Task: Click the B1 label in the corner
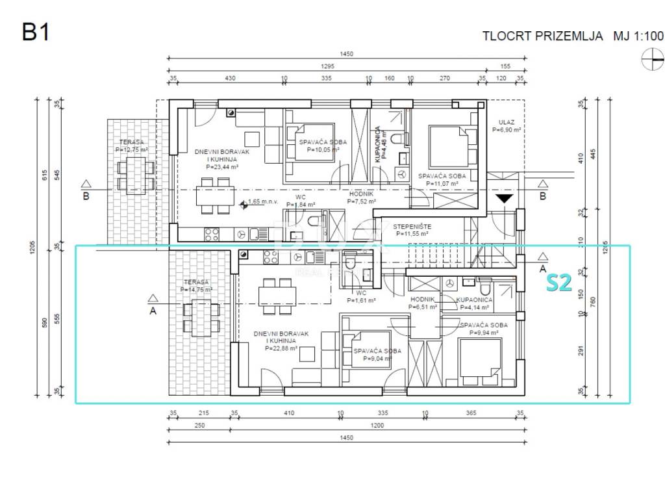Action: click(x=36, y=32)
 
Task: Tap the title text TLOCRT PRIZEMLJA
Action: click(x=542, y=36)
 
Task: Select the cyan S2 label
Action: click(x=558, y=283)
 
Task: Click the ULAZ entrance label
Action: click(x=507, y=122)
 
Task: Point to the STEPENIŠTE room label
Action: click(x=407, y=226)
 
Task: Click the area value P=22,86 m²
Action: click(x=281, y=348)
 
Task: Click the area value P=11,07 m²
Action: click(x=442, y=184)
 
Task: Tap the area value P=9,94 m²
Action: click(x=479, y=333)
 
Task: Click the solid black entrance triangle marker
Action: click(x=505, y=198)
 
